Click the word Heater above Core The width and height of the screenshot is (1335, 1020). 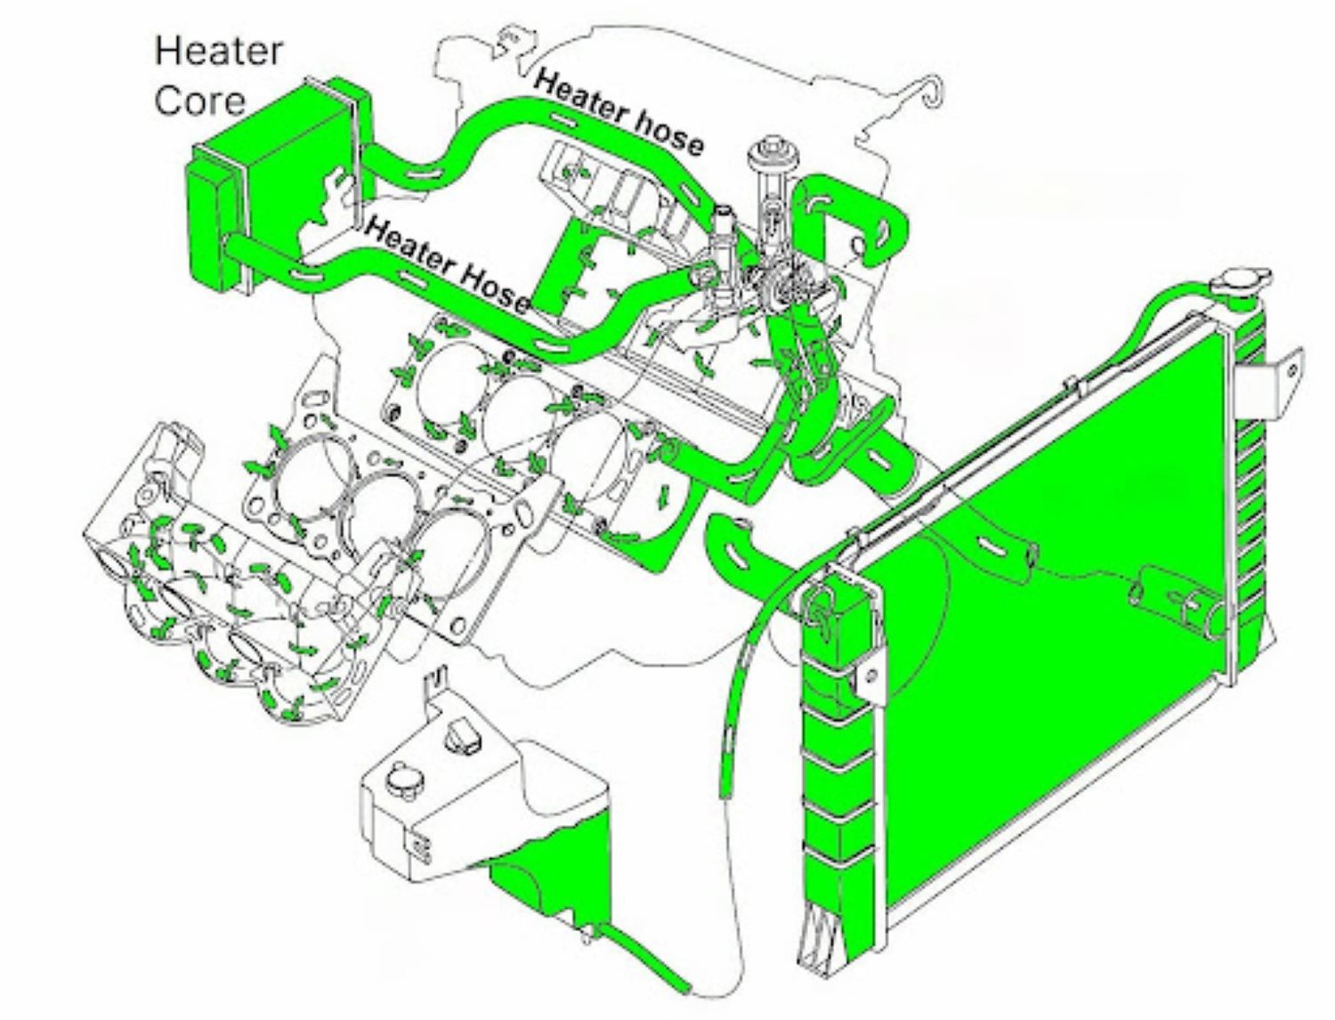tap(218, 51)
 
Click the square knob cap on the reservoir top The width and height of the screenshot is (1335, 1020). tap(463, 735)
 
